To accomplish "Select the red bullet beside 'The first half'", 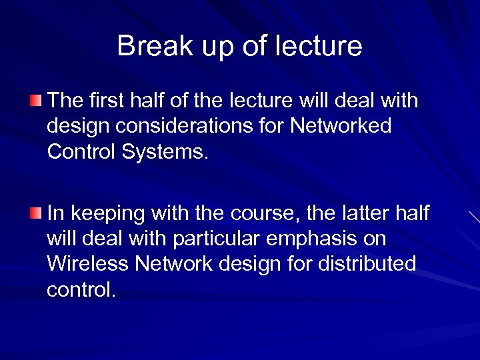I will [35, 101].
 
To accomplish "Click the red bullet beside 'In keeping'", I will [35, 213].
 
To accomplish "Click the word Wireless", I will [87, 264].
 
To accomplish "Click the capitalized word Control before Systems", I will [80, 151].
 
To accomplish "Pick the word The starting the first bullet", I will [64, 101].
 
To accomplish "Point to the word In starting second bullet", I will [55, 213].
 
